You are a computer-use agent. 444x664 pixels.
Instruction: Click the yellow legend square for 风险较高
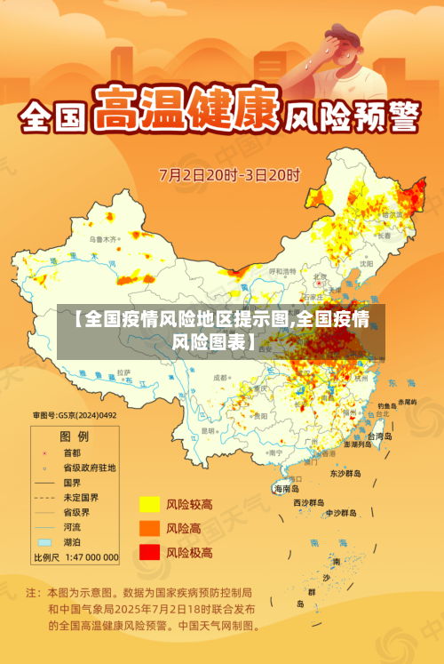point(148,504)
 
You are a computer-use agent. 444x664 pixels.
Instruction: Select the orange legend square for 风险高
point(148,528)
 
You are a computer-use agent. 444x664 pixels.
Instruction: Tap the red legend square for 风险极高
point(148,552)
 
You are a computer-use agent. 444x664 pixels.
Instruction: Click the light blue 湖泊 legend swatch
point(44,540)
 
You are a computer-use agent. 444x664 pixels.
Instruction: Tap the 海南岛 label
point(286,488)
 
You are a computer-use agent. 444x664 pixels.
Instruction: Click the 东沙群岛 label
point(345,474)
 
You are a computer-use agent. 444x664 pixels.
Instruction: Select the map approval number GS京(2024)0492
point(75,414)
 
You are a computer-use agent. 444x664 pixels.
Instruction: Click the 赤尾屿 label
point(407,402)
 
